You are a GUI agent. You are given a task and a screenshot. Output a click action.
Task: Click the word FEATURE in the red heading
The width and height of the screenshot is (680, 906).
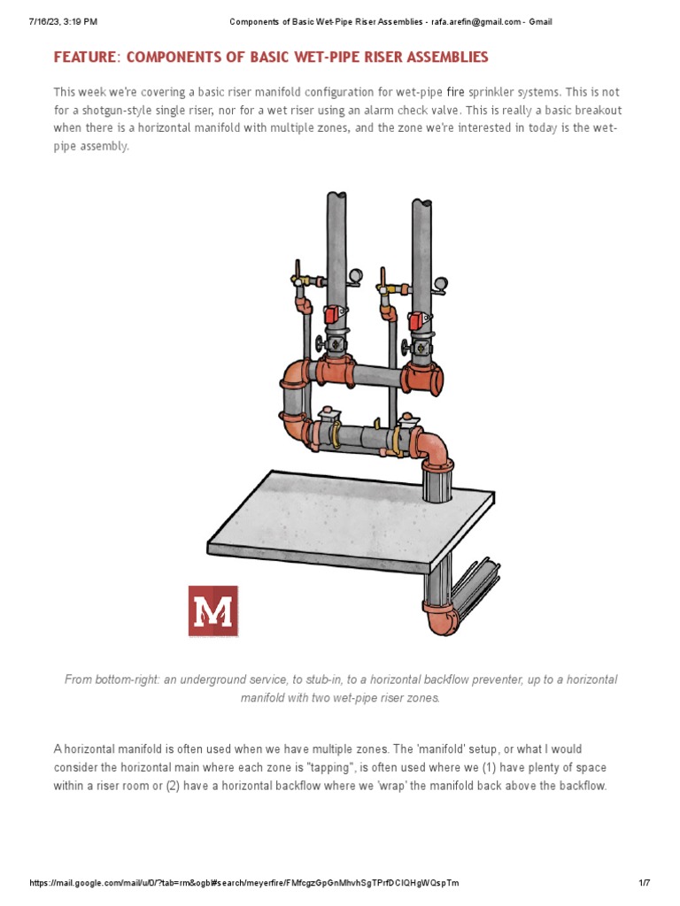87,58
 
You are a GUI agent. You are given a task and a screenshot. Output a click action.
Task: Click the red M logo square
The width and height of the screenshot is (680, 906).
212,610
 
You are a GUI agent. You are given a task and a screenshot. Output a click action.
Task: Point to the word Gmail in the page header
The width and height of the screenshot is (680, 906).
540,21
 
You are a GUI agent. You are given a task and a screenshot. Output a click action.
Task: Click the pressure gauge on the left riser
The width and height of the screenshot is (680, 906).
355,276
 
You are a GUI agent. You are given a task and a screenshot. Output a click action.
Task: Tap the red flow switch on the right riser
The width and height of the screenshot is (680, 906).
416,322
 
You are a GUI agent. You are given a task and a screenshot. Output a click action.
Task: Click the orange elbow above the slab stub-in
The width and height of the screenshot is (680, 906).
433,447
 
